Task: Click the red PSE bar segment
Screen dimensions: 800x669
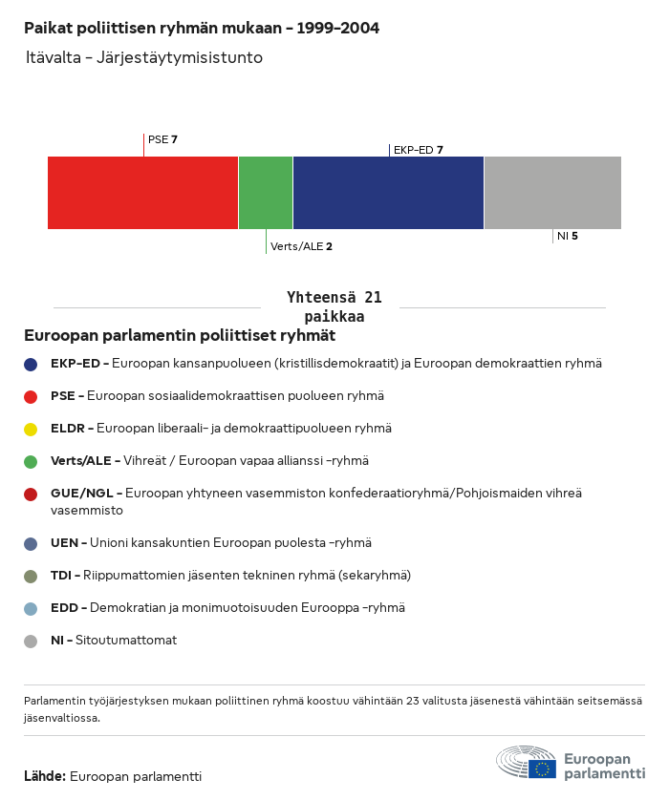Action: [x=142, y=193]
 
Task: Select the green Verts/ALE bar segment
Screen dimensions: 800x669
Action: [x=265, y=193]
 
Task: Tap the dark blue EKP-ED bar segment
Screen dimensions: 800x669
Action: [x=388, y=193]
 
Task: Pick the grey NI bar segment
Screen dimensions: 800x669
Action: [x=552, y=193]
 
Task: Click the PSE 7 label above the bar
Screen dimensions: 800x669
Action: [x=162, y=139]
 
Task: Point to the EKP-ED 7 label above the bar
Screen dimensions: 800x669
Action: [x=418, y=150]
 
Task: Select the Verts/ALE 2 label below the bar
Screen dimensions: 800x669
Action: [x=301, y=246]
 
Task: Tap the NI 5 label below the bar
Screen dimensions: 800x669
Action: [x=567, y=236]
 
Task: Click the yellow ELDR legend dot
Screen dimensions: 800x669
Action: [x=31, y=429]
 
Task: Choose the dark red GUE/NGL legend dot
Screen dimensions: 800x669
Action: [x=31, y=494]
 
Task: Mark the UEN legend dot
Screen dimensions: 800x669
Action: [x=31, y=543]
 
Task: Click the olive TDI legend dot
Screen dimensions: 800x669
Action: [x=31, y=576]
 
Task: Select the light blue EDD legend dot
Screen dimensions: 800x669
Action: [x=31, y=608]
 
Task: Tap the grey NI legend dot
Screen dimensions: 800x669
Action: [x=31, y=641]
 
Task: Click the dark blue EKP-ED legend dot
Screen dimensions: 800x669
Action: [x=31, y=364]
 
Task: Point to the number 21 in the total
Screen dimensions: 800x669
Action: [x=373, y=298]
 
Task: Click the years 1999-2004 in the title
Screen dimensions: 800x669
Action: [x=338, y=28]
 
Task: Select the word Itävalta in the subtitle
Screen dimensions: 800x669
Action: [x=53, y=58]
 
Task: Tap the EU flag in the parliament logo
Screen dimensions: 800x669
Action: [x=543, y=768]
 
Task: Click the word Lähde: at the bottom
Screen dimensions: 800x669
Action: [x=44, y=776]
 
